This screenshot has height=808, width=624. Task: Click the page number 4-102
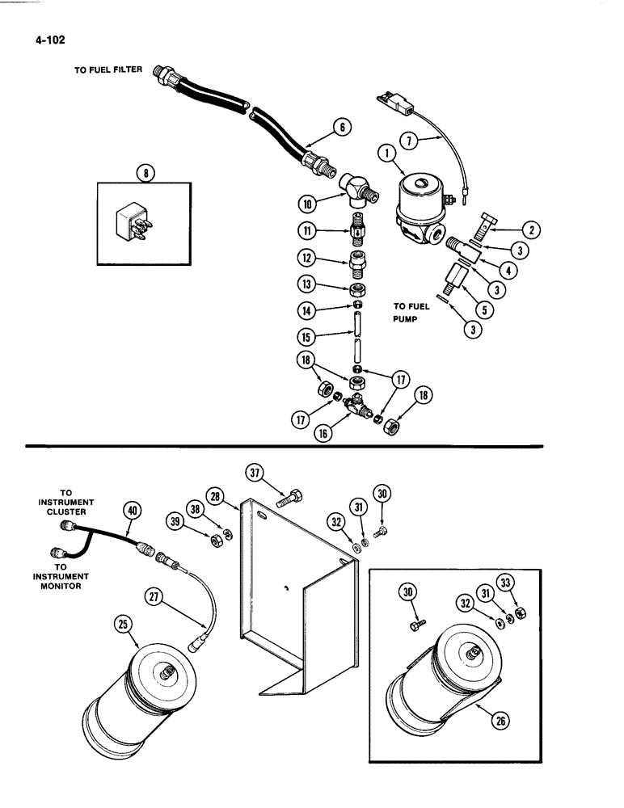[49, 37]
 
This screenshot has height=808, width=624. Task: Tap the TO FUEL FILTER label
[108, 70]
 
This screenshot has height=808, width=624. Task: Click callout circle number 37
[255, 472]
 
